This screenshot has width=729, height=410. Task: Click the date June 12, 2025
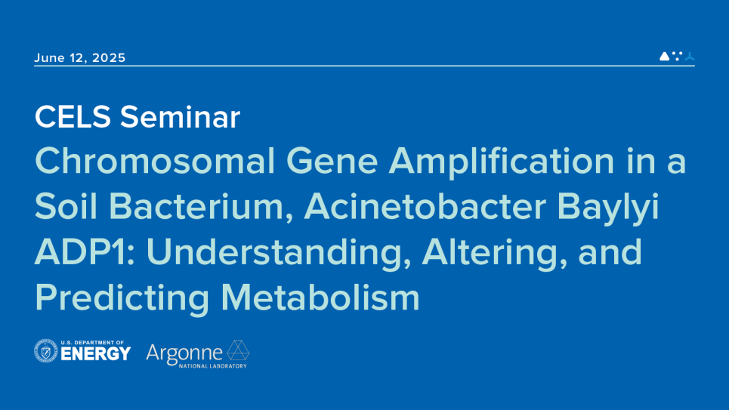pos(80,57)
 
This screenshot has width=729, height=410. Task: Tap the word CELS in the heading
pos(73,117)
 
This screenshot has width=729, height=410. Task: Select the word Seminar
pos(180,117)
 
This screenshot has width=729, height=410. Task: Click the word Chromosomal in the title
pos(155,161)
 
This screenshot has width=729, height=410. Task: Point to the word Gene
pos(332,161)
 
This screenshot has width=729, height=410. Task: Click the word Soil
pos(66,206)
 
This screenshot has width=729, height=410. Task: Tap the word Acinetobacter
pos(425,206)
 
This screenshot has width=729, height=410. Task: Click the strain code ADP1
pos(85,251)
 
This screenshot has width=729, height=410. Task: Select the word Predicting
pos(122,299)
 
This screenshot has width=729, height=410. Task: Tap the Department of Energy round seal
pos(46,350)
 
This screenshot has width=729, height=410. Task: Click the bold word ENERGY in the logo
pos(96,354)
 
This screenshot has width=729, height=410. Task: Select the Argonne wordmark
pos(184,354)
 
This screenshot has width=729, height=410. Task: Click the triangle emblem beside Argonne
pos(237,350)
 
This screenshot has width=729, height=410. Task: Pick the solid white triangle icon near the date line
pos(664,56)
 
